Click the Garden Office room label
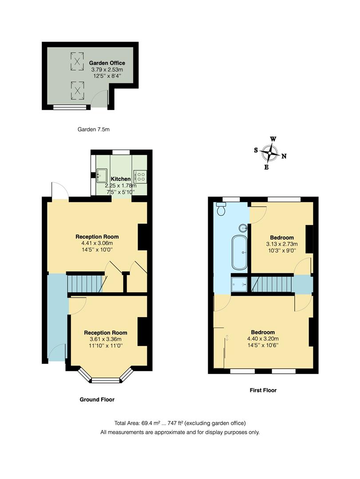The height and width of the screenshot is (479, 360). point(107,63)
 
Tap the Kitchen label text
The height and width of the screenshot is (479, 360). point(118,179)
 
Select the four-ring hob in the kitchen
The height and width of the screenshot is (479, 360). point(141,177)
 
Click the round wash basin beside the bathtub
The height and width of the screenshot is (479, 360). point(243,228)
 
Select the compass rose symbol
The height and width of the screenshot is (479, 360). point(269,153)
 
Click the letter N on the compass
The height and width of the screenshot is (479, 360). point(284,156)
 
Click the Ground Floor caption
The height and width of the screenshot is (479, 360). point(97,400)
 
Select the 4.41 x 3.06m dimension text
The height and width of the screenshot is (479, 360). point(97,243)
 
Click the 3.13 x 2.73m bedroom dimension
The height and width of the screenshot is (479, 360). point(281,244)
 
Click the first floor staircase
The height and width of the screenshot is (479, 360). point(272,284)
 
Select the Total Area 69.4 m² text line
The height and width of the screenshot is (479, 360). point(180,423)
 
